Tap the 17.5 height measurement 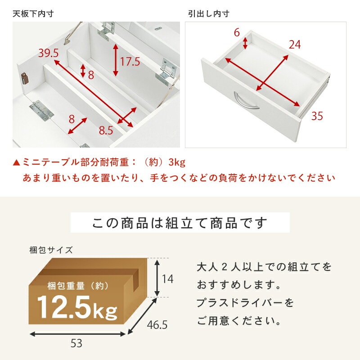(x=130, y=61)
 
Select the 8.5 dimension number (x=106, y=130)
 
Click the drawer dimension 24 (x=295, y=45)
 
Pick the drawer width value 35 (x=317, y=117)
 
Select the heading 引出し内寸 (x=208, y=13)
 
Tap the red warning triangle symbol (x=17, y=162)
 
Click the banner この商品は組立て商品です (x=180, y=223)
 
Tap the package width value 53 (x=76, y=344)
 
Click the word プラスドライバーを (x=245, y=303)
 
